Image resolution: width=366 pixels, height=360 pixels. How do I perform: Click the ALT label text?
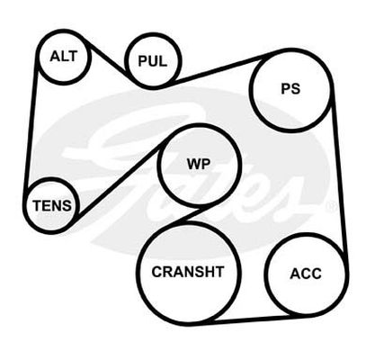64,57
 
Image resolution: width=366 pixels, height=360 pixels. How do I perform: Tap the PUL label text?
153,61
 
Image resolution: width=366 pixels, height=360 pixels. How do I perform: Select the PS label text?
290,89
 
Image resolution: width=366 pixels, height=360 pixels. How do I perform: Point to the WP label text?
199,164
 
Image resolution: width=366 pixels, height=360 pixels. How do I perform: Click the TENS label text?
52,206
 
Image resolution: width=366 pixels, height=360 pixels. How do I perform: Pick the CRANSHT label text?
188,272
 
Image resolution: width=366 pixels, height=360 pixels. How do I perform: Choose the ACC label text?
306,274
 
